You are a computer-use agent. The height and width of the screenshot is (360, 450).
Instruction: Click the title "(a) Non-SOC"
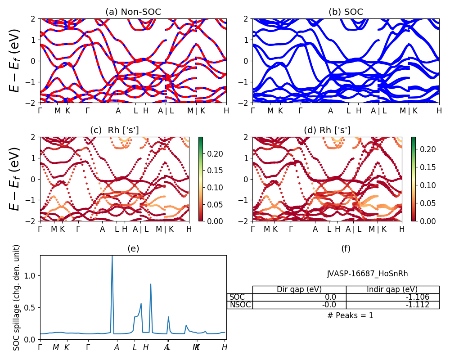[133, 12]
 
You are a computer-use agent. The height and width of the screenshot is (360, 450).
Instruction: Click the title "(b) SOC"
[346, 12]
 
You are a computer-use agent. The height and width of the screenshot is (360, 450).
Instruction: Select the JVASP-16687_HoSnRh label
[367, 274]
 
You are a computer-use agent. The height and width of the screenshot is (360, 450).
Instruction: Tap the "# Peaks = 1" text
[350, 315]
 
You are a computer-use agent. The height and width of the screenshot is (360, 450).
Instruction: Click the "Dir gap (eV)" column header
[299, 289]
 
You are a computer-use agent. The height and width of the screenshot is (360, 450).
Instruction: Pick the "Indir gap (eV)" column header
[392, 289]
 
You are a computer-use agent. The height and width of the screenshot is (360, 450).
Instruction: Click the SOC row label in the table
[238, 297]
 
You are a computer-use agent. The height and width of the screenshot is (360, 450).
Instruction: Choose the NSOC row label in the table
[240, 305]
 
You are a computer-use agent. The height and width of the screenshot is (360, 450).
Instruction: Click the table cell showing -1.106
[392, 297]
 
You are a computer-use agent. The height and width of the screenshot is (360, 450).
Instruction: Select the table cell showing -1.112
[392, 305]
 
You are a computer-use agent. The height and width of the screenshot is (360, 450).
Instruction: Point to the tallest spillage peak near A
[112, 257]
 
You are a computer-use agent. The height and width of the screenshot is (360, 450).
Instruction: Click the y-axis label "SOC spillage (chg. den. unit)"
[17, 297]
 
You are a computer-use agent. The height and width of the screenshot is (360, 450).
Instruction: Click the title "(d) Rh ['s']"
[327, 130]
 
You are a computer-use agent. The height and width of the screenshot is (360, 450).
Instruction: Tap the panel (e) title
[133, 248]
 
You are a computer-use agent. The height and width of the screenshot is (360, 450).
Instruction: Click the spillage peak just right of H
[151, 284]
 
